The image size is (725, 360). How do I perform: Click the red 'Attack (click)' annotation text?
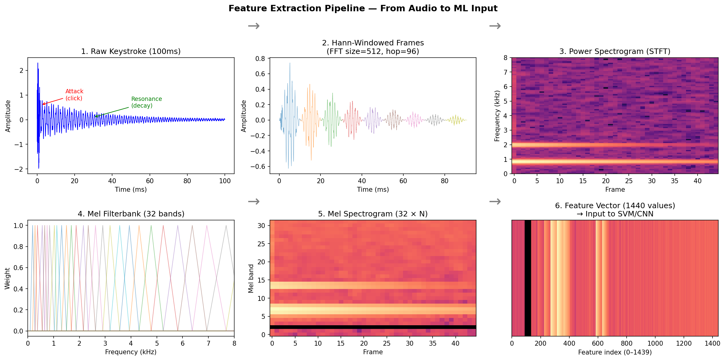(x=74, y=95)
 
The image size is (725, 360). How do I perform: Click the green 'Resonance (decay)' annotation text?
(x=146, y=102)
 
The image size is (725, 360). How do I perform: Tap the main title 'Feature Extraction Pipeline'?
(x=363, y=8)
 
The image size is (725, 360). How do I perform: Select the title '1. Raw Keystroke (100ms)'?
(x=131, y=51)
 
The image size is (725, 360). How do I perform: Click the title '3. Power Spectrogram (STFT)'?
(x=615, y=51)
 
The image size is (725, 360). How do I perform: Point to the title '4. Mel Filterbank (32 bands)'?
(x=131, y=214)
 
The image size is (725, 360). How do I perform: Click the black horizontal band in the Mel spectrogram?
(x=373, y=327)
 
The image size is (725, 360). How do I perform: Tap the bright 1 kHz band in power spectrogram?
(x=615, y=162)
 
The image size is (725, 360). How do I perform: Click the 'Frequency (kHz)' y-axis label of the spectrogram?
(x=497, y=116)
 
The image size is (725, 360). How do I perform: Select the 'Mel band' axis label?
(x=251, y=278)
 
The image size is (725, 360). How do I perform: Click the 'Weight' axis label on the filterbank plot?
(x=7, y=278)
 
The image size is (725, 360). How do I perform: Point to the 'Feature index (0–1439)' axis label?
(x=615, y=352)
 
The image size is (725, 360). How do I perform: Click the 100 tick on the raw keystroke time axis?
(x=225, y=181)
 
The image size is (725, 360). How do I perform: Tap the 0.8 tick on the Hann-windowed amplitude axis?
(x=260, y=59)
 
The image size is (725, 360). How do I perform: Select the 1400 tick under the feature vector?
(x=712, y=343)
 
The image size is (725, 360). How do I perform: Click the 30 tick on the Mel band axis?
(x=261, y=226)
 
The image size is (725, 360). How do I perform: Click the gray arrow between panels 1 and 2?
(x=253, y=26)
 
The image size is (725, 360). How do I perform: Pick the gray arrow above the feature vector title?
(x=495, y=201)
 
